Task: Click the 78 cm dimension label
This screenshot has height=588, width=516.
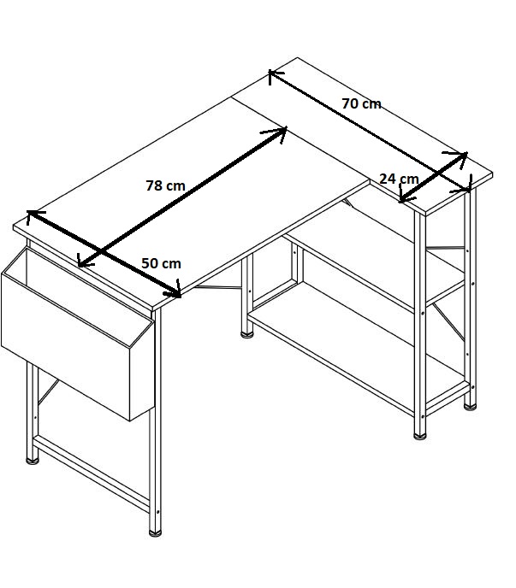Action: click(165, 185)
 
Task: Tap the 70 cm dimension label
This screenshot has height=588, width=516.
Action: click(361, 103)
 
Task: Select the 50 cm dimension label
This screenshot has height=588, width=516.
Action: click(161, 263)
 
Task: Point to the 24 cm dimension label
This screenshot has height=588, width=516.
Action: click(399, 179)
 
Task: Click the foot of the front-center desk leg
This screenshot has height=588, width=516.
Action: click(155, 533)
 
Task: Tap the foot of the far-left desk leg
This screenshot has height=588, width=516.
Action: click(33, 461)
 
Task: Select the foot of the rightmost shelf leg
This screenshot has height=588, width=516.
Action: click(470, 407)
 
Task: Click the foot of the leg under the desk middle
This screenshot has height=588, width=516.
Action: click(246, 334)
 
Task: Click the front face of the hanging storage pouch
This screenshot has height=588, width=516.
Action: click(66, 347)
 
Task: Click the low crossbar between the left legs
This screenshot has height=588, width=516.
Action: click(92, 473)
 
